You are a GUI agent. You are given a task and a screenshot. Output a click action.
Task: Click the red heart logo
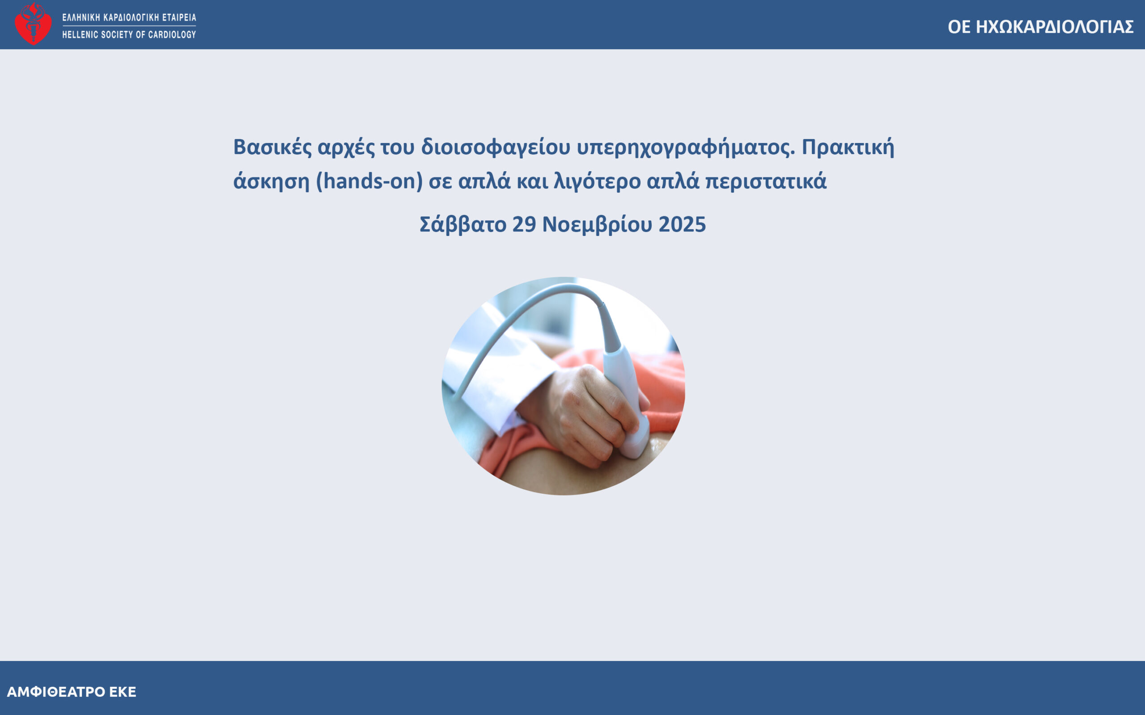click(x=33, y=24)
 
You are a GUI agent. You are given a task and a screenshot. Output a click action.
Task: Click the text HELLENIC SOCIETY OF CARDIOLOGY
click(x=129, y=34)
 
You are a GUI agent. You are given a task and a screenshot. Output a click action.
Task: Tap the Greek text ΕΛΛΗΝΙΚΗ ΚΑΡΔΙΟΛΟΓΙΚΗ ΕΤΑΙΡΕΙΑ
click(x=129, y=17)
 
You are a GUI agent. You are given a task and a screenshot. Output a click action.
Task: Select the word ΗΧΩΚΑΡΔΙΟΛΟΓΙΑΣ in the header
click(x=1055, y=27)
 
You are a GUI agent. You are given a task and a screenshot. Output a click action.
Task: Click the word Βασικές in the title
click(x=272, y=147)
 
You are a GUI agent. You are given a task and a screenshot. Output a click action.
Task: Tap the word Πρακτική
click(x=848, y=147)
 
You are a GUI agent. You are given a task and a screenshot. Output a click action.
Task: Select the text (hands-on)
click(x=369, y=181)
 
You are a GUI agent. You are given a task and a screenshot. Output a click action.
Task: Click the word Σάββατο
click(x=463, y=225)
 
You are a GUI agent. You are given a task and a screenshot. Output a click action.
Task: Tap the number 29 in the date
click(x=524, y=225)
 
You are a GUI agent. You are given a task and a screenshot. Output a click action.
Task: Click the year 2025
click(x=682, y=225)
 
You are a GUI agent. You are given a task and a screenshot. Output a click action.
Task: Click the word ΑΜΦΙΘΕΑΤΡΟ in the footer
click(x=56, y=692)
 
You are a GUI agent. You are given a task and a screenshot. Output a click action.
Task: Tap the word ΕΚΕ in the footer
click(x=123, y=692)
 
